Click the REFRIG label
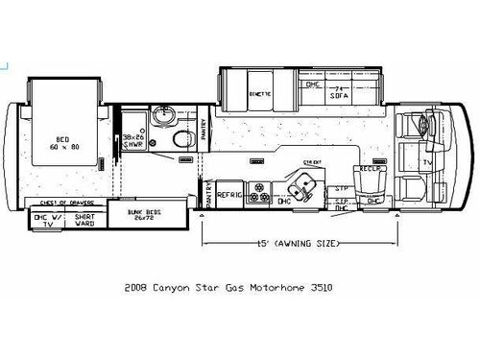(228, 194)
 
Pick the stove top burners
(259, 194)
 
